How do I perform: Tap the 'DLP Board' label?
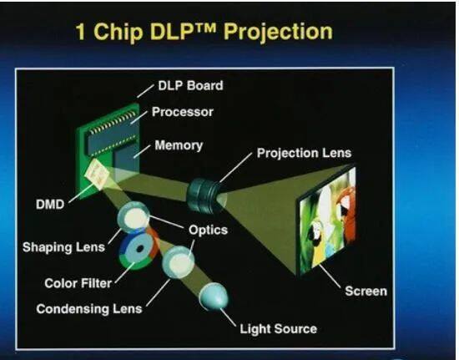[190, 85]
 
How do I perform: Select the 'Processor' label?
[184, 111]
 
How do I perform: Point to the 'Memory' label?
[179, 145]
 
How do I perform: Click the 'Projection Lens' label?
[304, 153]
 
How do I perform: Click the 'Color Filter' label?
[78, 283]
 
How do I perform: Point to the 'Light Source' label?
[278, 328]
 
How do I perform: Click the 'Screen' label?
[366, 291]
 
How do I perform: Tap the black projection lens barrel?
[204, 192]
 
